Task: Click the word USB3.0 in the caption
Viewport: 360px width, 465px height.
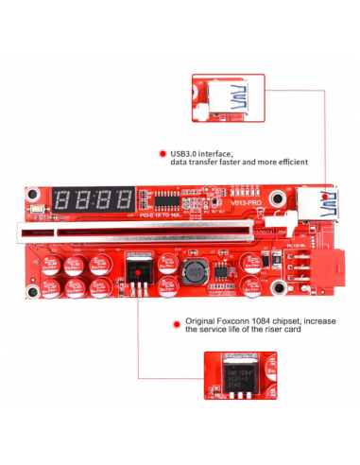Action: pos(187,153)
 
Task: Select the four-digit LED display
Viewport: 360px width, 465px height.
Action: pos(94,200)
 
